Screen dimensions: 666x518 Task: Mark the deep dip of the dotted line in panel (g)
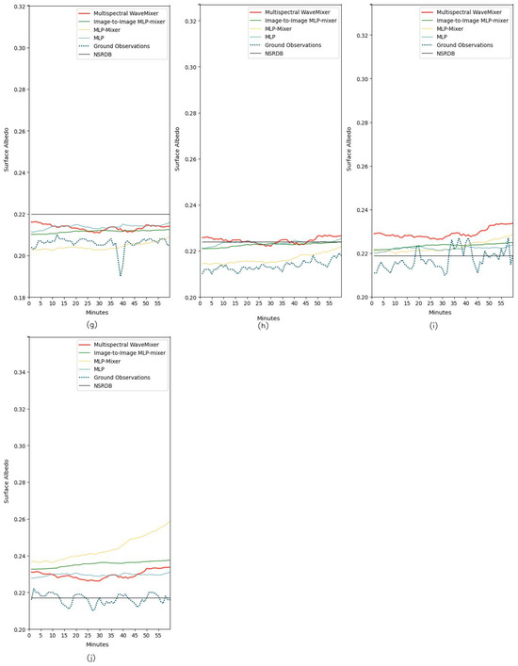tap(121, 275)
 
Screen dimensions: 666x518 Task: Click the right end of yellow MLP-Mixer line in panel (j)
tap(170, 521)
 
